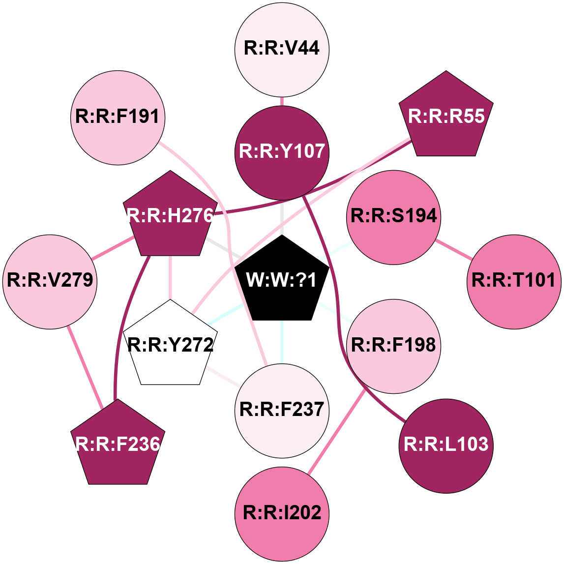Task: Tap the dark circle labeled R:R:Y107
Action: coord(282,152)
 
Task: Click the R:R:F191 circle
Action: coord(118,118)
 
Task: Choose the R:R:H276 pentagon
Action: coord(170,216)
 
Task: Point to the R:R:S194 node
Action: coord(393,216)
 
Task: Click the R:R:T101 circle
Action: coord(513,281)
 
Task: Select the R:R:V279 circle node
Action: coord(50,281)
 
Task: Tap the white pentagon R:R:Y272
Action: coord(170,345)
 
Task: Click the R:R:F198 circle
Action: coord(393,346)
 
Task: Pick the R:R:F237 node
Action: coord(282,410)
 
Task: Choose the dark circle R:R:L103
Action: coord(446,445)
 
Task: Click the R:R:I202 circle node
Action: coord(282,513)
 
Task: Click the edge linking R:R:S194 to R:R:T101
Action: coord(453,248)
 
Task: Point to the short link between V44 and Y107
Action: coord(282,100)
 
